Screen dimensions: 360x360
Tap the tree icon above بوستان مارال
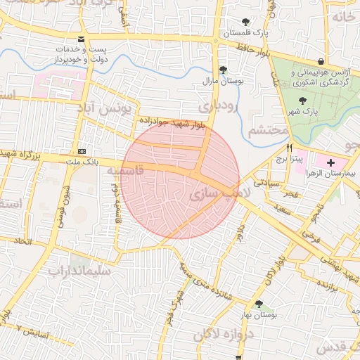pyautogui.click(x=223, y=69)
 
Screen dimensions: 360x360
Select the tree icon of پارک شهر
pyautogui.click(x=302, y=101)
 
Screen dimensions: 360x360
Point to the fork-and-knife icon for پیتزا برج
pyautogui.click(x=289, y=148)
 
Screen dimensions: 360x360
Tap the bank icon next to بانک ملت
pyautogui.click(x=82, y=150)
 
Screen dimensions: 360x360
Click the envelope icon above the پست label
pyautogui.click(x=82, y=39)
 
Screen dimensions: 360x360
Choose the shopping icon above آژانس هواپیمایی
pyautogui.click(x=321, y=61)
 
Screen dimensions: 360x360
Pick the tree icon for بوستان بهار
pyautogui.click(x=259, y=304)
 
